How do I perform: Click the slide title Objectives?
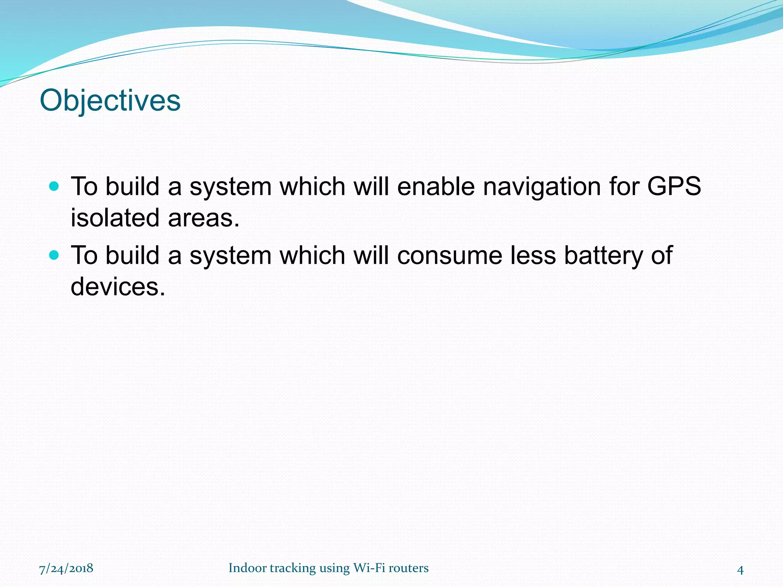click(x=110, y=101)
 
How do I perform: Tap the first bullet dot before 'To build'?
click(x=54, y=186)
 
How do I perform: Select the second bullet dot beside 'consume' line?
click(x=54, y=255)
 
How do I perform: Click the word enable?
click(x=436, y=186)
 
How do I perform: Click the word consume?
click(x=450, y=255)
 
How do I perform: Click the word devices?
click(x=118, y=287)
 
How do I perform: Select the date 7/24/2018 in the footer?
click(x=66, y=568)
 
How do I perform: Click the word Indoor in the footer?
click(x=247, y=568)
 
